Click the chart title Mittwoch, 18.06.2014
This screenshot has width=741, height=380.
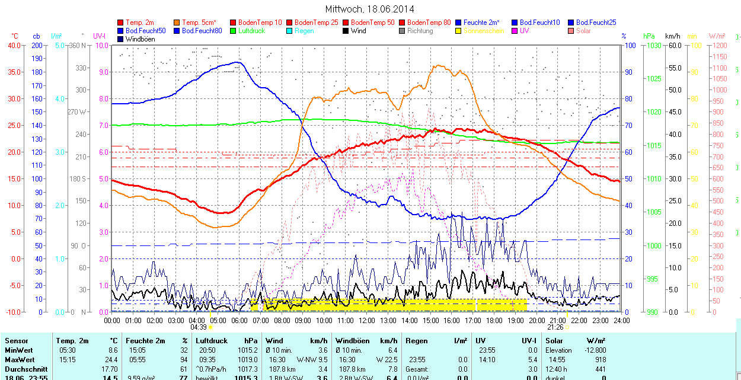click(x=370, y=9)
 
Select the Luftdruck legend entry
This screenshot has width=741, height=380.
click(x=251, y=31)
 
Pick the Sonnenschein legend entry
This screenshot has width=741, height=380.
click(x=483, y=31)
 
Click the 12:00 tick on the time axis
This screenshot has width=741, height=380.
click(x=367, y=320)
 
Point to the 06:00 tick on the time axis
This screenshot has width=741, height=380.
click(x=239, y=320)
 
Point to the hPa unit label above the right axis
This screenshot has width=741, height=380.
click(x=649, y=36)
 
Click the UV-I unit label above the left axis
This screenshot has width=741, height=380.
click(x=100, y=36)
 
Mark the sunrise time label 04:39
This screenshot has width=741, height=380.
click(x=198, y=327)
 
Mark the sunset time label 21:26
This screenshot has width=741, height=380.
click(x=555, y=327)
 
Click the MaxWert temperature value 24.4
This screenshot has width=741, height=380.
click(x=111, y=360)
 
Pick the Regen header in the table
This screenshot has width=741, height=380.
click(x=417, y=341)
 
